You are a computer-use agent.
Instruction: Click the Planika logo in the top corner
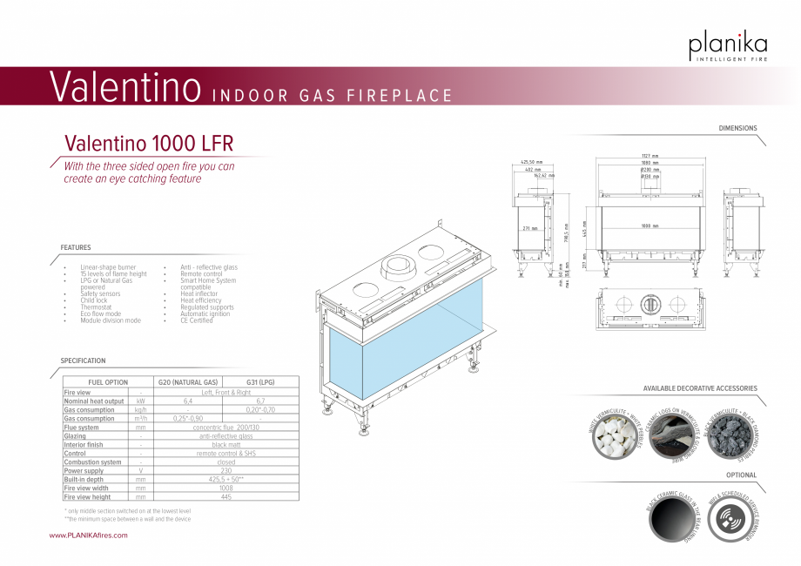[x=728, y=45]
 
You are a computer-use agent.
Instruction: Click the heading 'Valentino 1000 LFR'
[x=149, y=143]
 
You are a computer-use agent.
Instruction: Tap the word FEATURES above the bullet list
[x=76, y=248]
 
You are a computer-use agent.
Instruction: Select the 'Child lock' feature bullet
[x=94, y=300]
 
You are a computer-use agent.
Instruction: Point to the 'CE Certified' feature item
[x=196, y=320]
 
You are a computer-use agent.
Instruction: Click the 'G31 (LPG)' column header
[x=260, y=382]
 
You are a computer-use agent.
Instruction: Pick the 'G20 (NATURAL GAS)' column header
[x=187, y=382]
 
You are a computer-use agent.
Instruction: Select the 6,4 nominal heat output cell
[x=187, y=401]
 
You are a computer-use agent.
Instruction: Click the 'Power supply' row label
[x=84, y=471]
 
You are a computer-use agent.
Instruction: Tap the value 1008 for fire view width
[x=225, y=489]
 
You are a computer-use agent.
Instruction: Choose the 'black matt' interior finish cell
[x=225, y=445]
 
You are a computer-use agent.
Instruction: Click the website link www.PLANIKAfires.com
[x=88, y=536]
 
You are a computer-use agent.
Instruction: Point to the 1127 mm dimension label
[x=650, y=156]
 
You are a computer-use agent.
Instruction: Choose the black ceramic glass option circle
[x=671, y=520]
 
